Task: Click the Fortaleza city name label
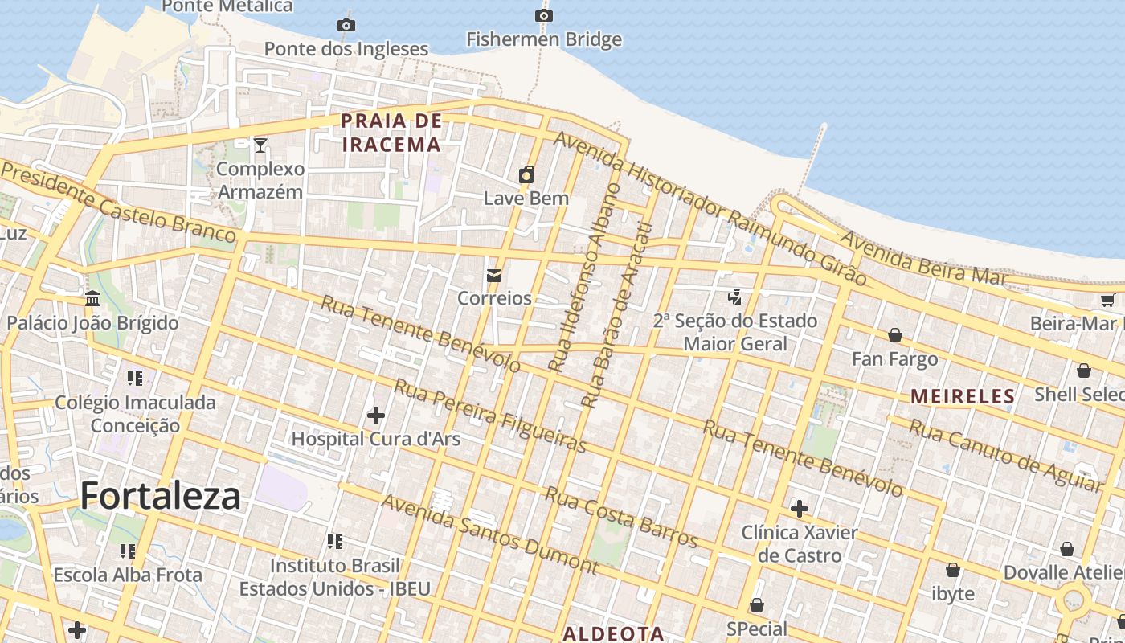coord(160,496)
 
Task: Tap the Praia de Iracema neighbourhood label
coord(391,133)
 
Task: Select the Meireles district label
coord(963,396)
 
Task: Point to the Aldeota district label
coord(613,633)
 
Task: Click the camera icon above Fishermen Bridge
coord(544,15)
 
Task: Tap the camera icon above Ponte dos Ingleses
coord(346,25)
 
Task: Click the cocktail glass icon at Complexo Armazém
coord(260,145)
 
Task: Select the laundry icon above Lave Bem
coord(526,174)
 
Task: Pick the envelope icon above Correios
coord(494,276)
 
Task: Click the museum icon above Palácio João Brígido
coord(92,299)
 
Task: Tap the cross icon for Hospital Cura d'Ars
coord(375,416)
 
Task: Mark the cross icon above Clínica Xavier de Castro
coord(799,509)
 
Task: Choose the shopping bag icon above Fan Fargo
coord(894,335)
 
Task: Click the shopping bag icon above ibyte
coord(952,570)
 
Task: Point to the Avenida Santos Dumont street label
coord(490,534)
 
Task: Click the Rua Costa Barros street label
coord(621,517)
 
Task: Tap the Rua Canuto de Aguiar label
coord(1004,455)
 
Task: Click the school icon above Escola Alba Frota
coord(127,551)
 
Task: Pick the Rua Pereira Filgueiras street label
coord(490,416)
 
